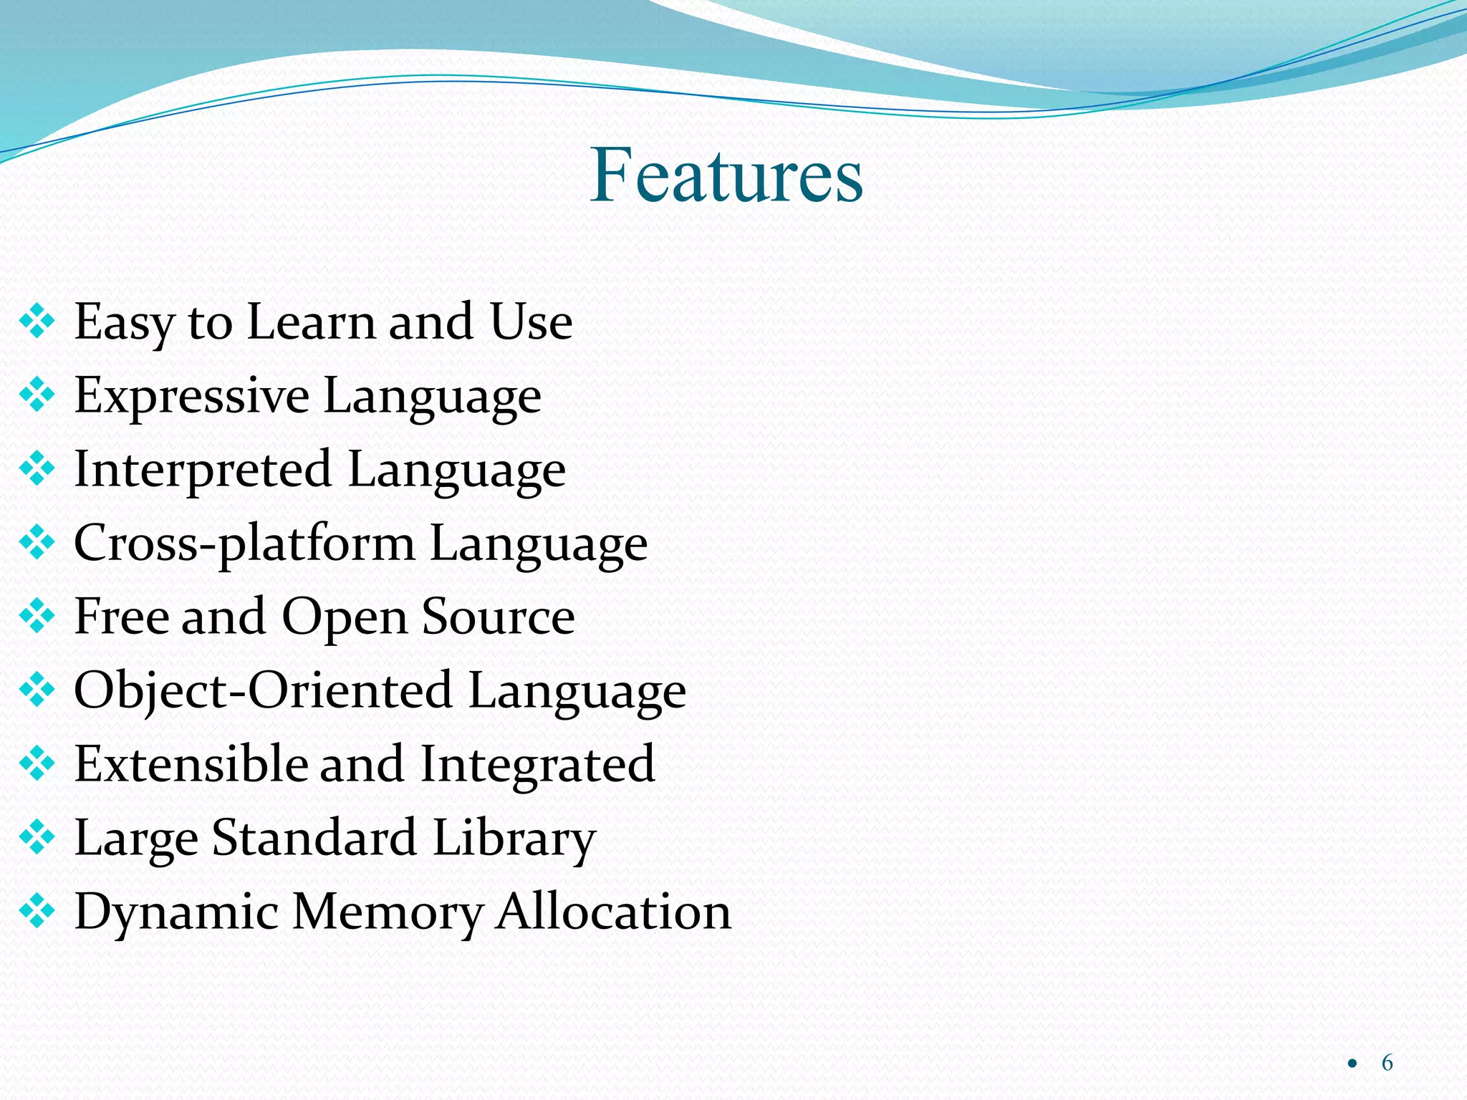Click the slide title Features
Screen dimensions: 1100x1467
(726, 175)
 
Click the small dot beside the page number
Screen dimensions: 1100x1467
(1352, 1063)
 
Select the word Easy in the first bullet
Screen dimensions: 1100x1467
(124, 322)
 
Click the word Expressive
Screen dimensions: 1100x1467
(191, 396)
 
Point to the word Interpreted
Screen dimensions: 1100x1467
(203, 470)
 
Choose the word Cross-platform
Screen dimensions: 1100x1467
(244, 544)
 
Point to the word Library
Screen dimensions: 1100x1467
(514, 838)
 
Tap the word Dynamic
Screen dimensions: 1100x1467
(176, 912)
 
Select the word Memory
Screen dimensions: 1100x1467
(388, 912)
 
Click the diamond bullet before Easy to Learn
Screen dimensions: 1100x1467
(37, 322)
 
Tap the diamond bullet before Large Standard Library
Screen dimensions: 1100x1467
(37, 837)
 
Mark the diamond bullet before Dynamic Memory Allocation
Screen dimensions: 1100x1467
(37, 911)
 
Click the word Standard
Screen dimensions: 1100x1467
(314, 837)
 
